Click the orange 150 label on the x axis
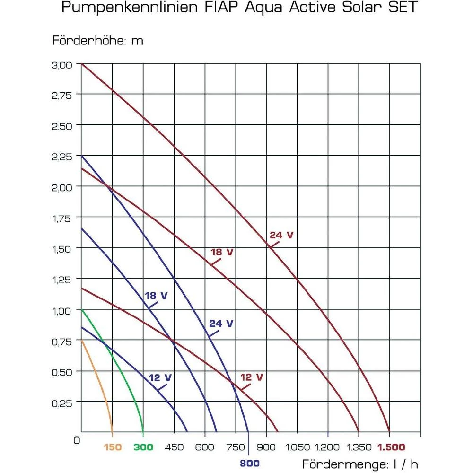pyautogui.click(x=112, y=447)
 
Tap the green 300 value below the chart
pyautogui.click(x=143, y=447)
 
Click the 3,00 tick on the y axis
pyautogui.click(x=62, y=64)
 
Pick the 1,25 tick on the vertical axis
pyautogui.click(x=62, y=280)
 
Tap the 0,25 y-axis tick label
pyautogui.click(x=62, y=403)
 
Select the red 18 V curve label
pyautogui.click(x=222, y=252)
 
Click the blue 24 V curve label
pyautogui.click(x=221, y=324)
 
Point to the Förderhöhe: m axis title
pyautogui.click(x=97, y=41)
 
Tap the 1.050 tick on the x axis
pyautogui.click(x=297, y=447)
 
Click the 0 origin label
pyautogui.click(x=77, y=440)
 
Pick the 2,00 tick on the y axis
pyautogui.click(x=62, y=187)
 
